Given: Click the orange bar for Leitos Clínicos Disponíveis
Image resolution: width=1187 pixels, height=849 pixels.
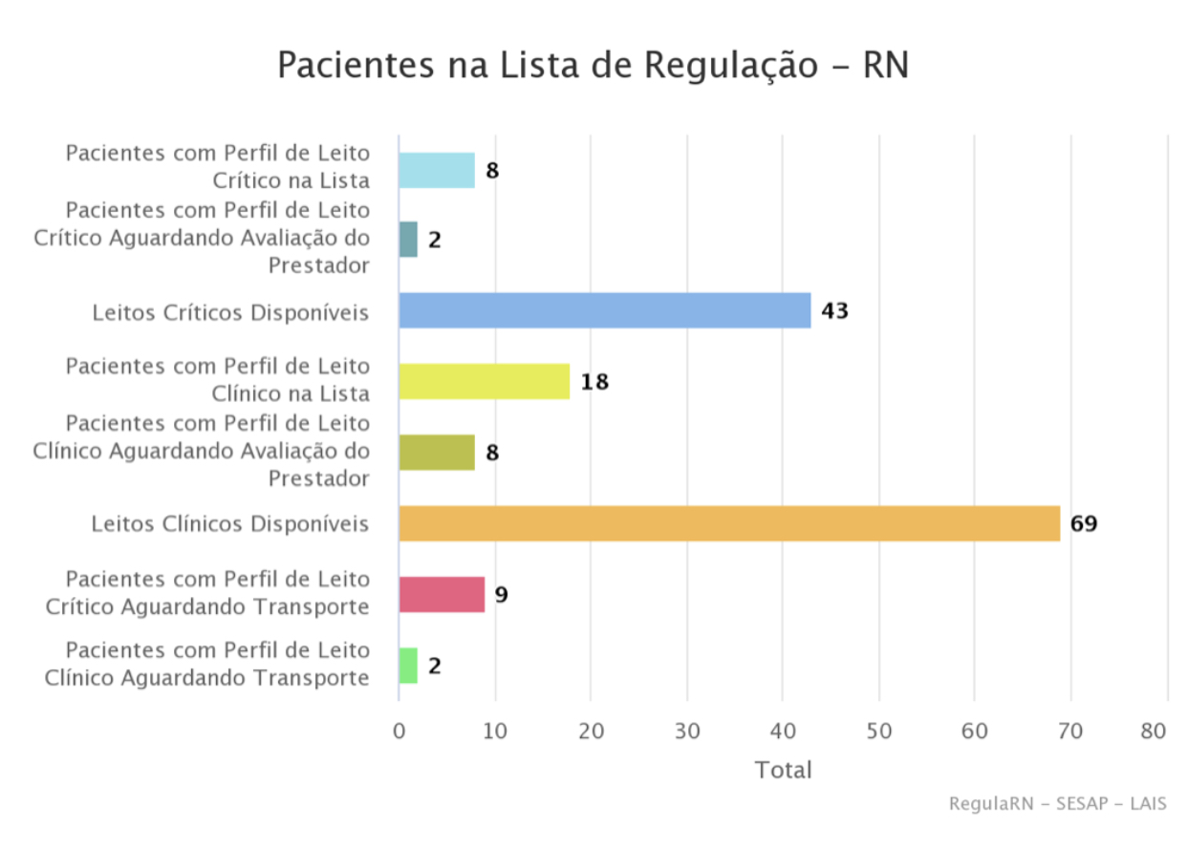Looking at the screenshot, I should tap(729, 523).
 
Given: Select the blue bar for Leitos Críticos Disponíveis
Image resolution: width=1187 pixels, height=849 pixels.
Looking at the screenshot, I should tap(604, 310).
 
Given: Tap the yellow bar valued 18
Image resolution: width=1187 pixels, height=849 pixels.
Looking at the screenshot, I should tap(484, 381).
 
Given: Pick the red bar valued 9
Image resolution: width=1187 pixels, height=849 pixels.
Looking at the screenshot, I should tap(442, 594).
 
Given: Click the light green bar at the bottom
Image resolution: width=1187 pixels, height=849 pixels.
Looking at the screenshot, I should tap(408, 665).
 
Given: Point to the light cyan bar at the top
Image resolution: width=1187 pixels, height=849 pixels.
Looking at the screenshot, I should tap(437, 170).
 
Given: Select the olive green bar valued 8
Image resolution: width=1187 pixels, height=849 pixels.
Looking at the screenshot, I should tap(437, 452).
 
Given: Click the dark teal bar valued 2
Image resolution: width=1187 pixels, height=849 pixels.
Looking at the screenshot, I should tap(408, 239).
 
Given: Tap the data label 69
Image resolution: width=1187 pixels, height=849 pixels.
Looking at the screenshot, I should tap(1084, 523).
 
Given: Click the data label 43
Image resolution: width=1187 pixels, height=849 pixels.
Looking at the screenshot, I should tap(834, 310).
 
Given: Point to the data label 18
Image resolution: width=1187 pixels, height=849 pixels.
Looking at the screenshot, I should tap(594, 382).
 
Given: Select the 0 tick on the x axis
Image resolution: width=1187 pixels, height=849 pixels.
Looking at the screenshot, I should tap(399, 732).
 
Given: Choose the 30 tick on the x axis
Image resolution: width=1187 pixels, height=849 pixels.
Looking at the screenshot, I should tap(686, 732).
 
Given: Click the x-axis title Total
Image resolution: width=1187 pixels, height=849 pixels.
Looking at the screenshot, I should tap(783, 770).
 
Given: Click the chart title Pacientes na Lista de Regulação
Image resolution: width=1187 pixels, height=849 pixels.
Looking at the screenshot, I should tap(593, 65).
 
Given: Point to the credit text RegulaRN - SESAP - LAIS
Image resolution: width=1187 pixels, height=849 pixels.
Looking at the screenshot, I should tap(1057, 803).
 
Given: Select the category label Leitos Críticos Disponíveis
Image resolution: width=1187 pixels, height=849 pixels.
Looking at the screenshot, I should tap(230, 312).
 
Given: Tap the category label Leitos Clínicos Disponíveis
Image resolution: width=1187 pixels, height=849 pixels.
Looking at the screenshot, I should tap(230, 523).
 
